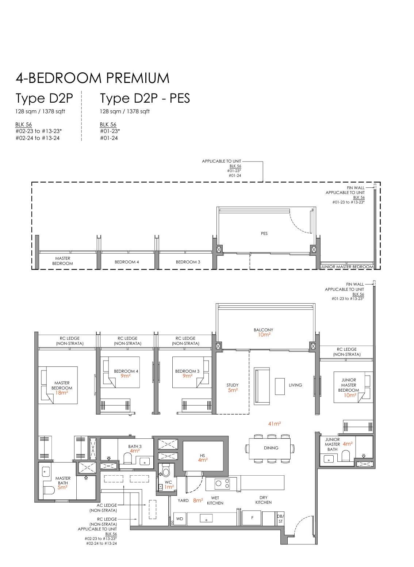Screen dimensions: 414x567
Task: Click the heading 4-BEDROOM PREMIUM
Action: [x=92, y=78]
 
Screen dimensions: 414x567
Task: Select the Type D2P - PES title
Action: [x=145, y=99]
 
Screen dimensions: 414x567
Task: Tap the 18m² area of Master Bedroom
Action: [x=61, y=393]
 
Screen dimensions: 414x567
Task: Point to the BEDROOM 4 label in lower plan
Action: [x=126, y=371]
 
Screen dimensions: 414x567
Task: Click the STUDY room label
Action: [x=233, y=385]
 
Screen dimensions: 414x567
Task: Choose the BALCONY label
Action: [x=263, y=330]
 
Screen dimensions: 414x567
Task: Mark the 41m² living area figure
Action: [x=275, y=423]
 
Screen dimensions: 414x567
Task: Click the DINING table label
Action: [x=271, y=448]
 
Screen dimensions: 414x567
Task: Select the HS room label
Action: [x=202, y=456]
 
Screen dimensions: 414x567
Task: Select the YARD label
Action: [x=183, y=501]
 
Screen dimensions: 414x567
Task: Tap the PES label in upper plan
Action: [x=264, y=233]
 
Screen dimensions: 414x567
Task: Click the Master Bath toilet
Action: [x=49, y=491]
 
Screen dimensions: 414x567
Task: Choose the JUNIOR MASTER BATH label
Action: [x=332, y=444]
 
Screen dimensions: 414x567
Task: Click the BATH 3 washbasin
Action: [x=145, y=461]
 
